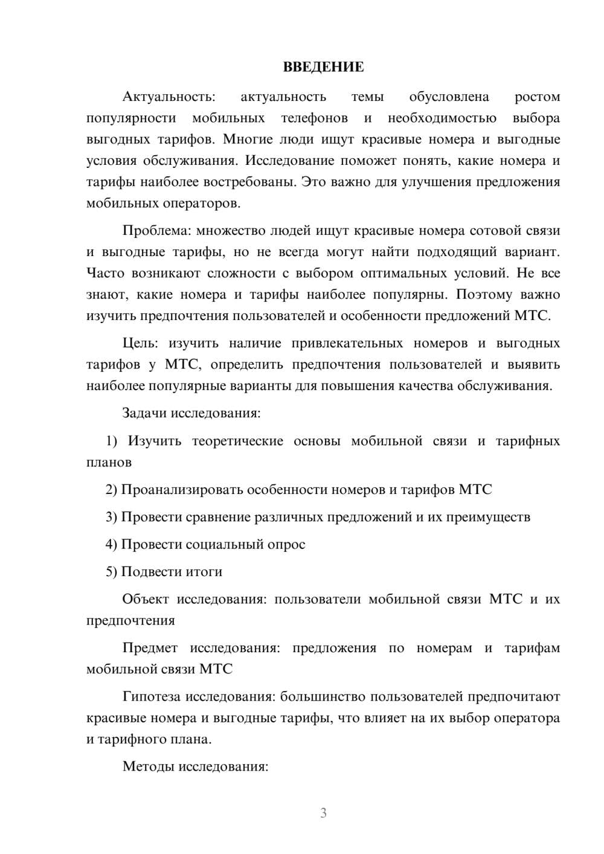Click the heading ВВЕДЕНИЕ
point(323,67)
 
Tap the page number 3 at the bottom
point(323,813)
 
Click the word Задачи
point(145,413)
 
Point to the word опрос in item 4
point(288,544)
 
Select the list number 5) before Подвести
point(112,571)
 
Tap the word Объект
point(146,599)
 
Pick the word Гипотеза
point(151,696)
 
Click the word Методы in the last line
point(147,766)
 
